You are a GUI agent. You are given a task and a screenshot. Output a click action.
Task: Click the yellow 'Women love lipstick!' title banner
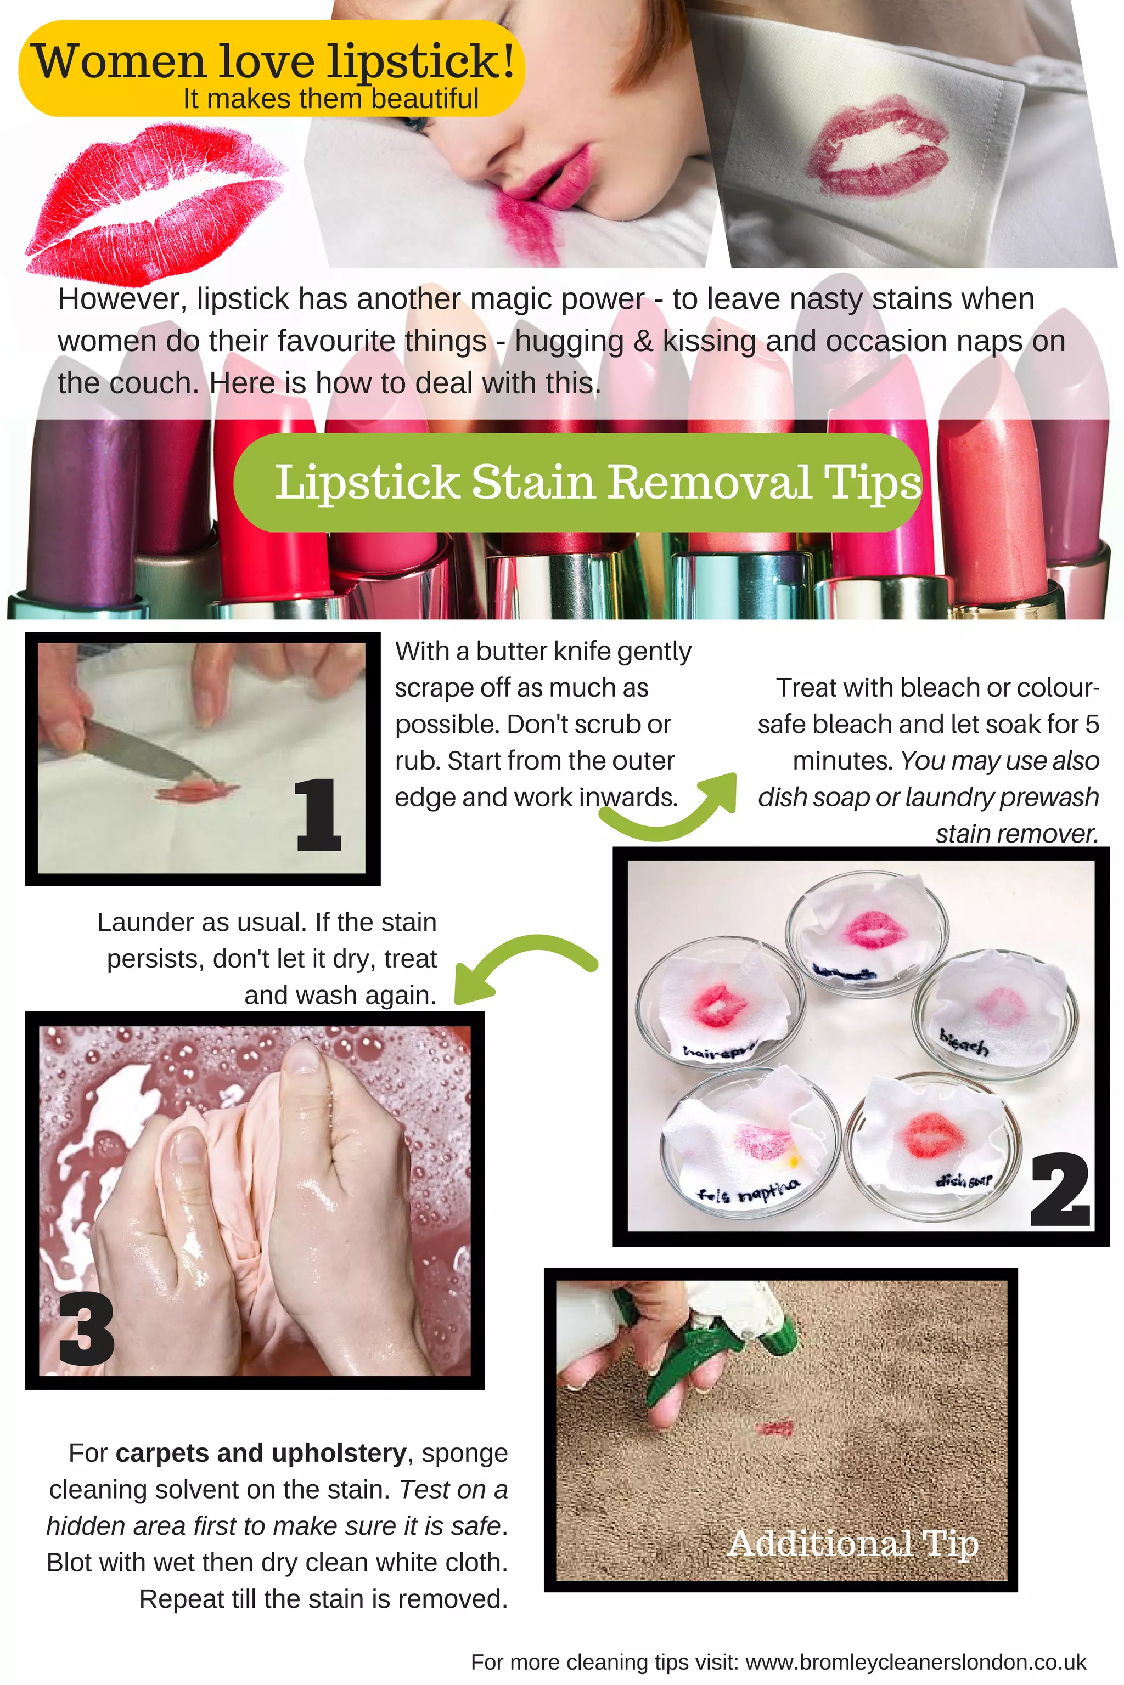271,68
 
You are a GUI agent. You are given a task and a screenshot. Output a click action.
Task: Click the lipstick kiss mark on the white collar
878,150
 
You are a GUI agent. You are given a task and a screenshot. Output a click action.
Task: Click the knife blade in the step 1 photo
143,752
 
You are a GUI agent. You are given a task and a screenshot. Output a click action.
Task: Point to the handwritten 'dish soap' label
964,1179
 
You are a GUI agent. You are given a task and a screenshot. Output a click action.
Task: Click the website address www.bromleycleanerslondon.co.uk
915,1662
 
